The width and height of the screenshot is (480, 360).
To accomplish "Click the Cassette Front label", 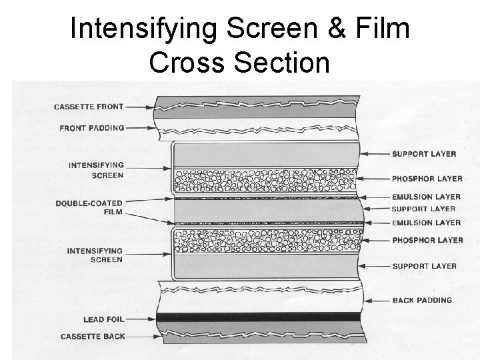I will [89, 107].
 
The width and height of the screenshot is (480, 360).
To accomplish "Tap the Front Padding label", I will [92, 127].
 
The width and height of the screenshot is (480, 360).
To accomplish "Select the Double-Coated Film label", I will [90, 207].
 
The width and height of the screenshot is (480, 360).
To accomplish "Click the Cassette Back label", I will [93, 337].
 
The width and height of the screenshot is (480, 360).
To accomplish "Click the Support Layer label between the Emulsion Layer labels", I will [423, 209].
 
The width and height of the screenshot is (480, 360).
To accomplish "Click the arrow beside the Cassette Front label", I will [141, 107].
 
